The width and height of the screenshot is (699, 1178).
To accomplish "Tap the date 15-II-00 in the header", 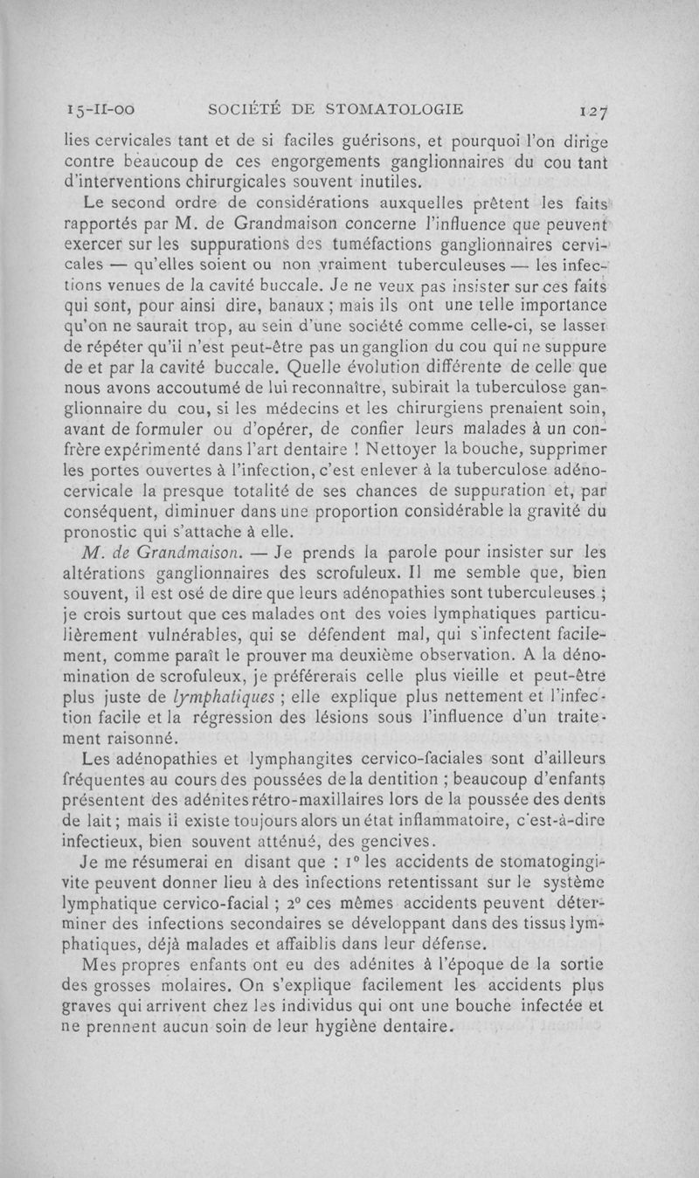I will click(x=100, y=110).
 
